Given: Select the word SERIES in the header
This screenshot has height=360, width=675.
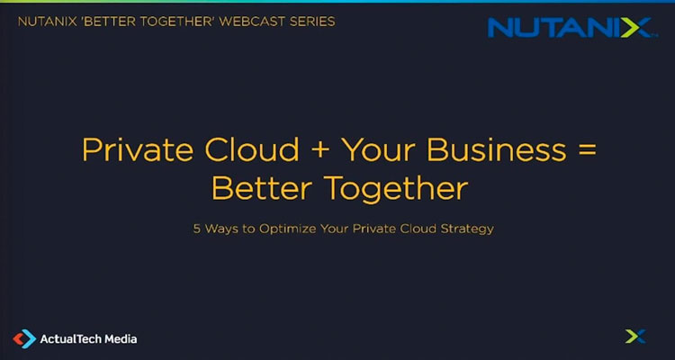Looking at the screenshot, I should click(x=311, y=21).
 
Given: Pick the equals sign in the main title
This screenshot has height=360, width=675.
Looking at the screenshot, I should click(x=584, y=149).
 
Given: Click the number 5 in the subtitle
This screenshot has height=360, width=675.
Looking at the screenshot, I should click(x=197, y=229).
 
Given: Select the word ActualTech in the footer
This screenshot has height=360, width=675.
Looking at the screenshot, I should click(x=70, y=339).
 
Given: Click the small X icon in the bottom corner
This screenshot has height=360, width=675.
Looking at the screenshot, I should click(x=635, y=337).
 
